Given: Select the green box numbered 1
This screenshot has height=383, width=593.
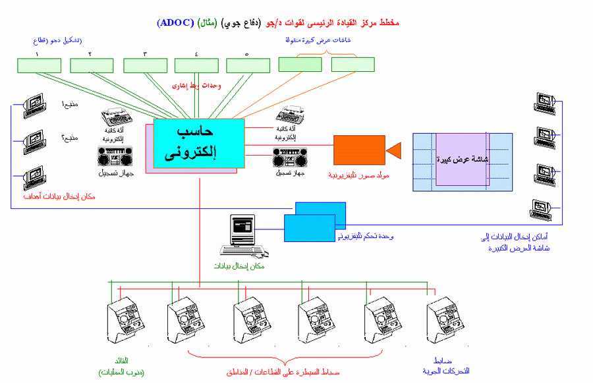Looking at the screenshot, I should coord(38,65).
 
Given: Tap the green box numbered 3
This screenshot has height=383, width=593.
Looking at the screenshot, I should coord(145,65).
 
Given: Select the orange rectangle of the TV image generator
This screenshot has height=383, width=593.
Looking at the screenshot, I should coord(358,150).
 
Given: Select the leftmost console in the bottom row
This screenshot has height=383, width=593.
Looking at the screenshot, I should coord(125,322).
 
